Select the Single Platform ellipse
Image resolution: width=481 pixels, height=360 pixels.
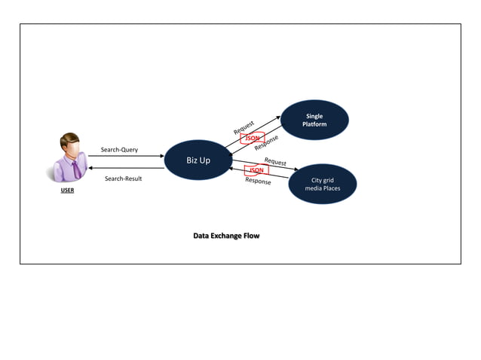point(314,121)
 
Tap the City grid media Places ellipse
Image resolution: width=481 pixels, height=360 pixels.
point(322,184)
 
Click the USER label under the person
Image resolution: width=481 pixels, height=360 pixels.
point(68,191)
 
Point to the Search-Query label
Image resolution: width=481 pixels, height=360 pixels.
point(119,149)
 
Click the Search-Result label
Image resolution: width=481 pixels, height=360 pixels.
point(123,178)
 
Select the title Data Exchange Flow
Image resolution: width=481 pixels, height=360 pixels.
point(226,236)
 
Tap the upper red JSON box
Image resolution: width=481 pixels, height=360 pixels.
point(253,138)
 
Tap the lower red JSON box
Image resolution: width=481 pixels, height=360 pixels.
point(256,170)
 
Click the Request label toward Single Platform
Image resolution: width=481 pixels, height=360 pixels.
point(244,127)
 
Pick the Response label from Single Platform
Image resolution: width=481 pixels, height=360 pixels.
point(266,142)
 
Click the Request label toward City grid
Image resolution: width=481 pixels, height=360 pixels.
point(275,162)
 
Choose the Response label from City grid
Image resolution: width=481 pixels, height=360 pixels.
point(258,182)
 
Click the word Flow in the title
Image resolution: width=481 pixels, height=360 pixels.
point(250,236)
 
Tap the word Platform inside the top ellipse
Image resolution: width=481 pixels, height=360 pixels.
point(314,124)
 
